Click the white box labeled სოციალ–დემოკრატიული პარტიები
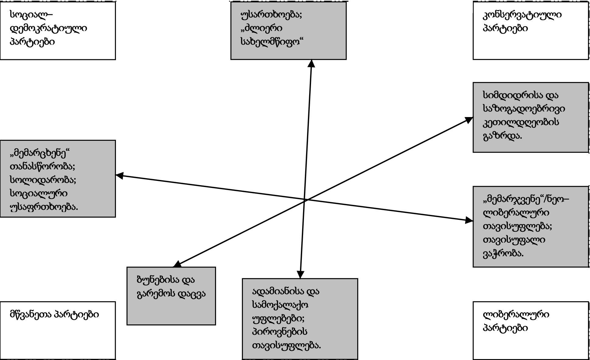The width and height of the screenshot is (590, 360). pos(58,30)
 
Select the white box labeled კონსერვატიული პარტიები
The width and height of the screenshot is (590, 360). pos(530,30)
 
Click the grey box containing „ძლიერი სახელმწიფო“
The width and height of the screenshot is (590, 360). pos(288,30)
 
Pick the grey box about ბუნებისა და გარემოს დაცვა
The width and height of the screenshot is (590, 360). pos(171,296)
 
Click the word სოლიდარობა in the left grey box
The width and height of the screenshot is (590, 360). pos(43,180)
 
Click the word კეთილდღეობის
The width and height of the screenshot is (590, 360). pos(521,122)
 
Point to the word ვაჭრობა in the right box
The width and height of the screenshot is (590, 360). pos(503,253)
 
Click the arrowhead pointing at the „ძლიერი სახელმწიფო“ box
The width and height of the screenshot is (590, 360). pos(311,63)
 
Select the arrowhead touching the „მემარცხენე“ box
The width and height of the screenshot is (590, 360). pos(119,175)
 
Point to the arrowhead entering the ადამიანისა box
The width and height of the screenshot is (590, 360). pos(300,275)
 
